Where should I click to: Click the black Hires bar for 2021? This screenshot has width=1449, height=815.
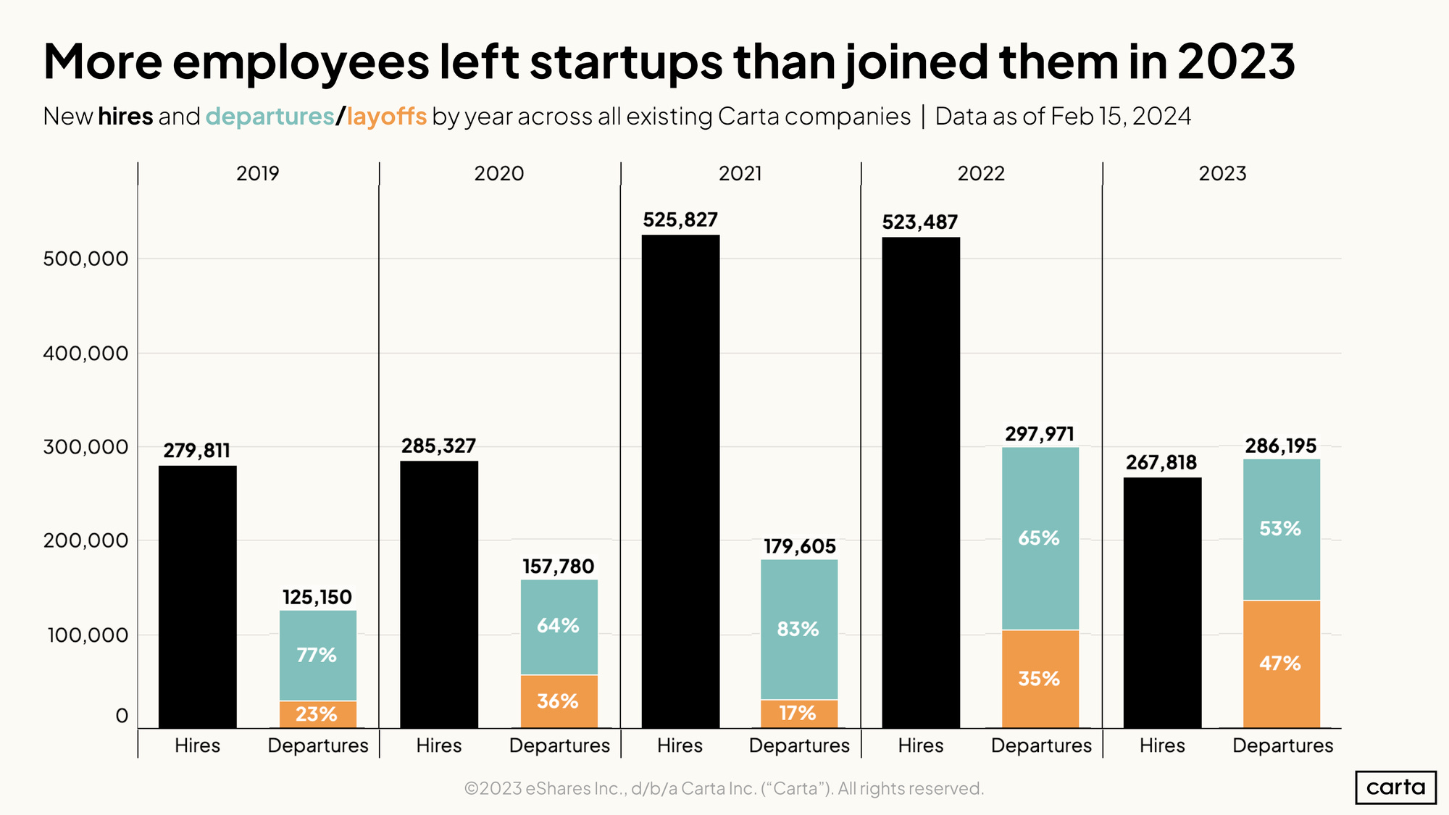pos(680,482)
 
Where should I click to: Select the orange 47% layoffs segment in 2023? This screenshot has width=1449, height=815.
pos(1281,664)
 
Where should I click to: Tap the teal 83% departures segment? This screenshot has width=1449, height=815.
pos(798,629)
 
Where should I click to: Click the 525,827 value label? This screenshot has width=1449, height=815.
pos(680,220)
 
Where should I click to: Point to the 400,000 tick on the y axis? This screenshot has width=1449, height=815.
pos(85,354)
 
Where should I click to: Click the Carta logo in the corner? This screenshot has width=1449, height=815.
pos(1395,787)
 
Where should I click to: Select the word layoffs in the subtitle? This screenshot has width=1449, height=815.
pos(386,117)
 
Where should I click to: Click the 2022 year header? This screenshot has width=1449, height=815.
pos(981,174)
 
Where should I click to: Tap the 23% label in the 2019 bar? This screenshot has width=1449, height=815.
pos(317,714)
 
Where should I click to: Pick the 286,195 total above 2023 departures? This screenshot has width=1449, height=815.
pos(1281,446)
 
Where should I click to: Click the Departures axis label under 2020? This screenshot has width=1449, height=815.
pos(559,745)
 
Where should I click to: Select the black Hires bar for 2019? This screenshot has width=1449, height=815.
pos(197,597)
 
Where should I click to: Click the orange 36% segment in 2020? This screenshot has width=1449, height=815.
pos(558,701)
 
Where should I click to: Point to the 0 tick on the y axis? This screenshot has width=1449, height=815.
pos(121,716)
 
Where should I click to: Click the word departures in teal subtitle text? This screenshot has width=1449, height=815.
pos(270,117)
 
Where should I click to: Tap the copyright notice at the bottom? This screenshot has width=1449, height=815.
pos(723,788)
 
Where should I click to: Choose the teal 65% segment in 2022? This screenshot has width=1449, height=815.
pos(1040,538)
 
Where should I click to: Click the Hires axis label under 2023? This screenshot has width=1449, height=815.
pos(1162,745)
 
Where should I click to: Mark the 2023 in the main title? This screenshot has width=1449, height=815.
pos(1236,62)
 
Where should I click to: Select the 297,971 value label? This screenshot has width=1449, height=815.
pos(1040,435)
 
